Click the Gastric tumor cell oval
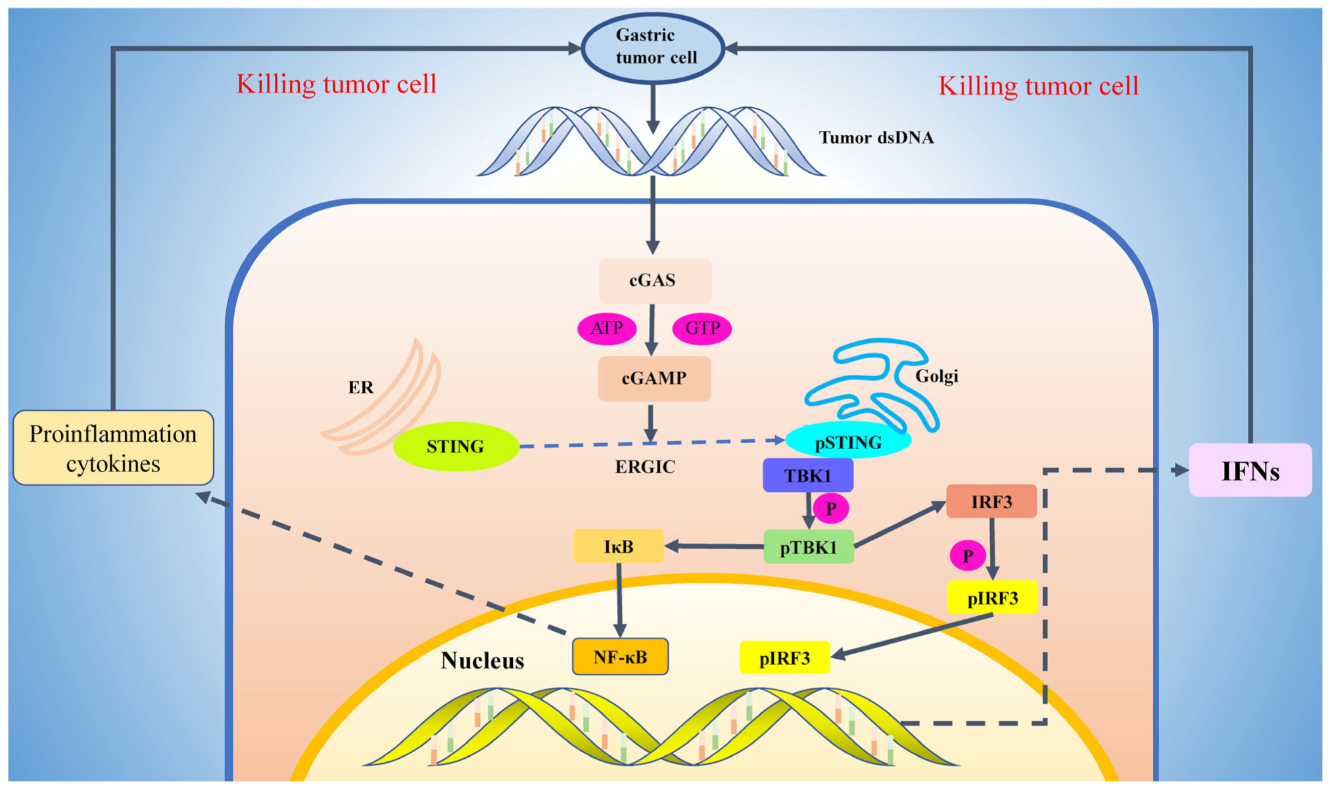(x=653, y=47)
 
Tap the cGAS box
(x=654, y=281)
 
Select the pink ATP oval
(x=606, y=328)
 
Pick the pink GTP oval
(x=702, y=328)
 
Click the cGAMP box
(x=654, y=379)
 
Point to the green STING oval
(x=456, y=447)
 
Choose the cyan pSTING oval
(x=848, y=442)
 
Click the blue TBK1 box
(x=807, y=475)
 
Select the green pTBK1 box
(x=808, y=547)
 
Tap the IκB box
(x=618, y=546)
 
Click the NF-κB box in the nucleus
(x=620, y=657)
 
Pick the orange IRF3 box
(x=991, y=502)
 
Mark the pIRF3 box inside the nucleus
(x=784, y=657)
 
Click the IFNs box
(x=1250, y=471)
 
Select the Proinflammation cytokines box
(x=113, y=448)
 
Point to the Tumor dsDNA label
(x=876, y=137)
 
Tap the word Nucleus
(x=482, y=660)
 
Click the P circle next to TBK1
(x=830, y=508)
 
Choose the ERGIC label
(x=644, y=467)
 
